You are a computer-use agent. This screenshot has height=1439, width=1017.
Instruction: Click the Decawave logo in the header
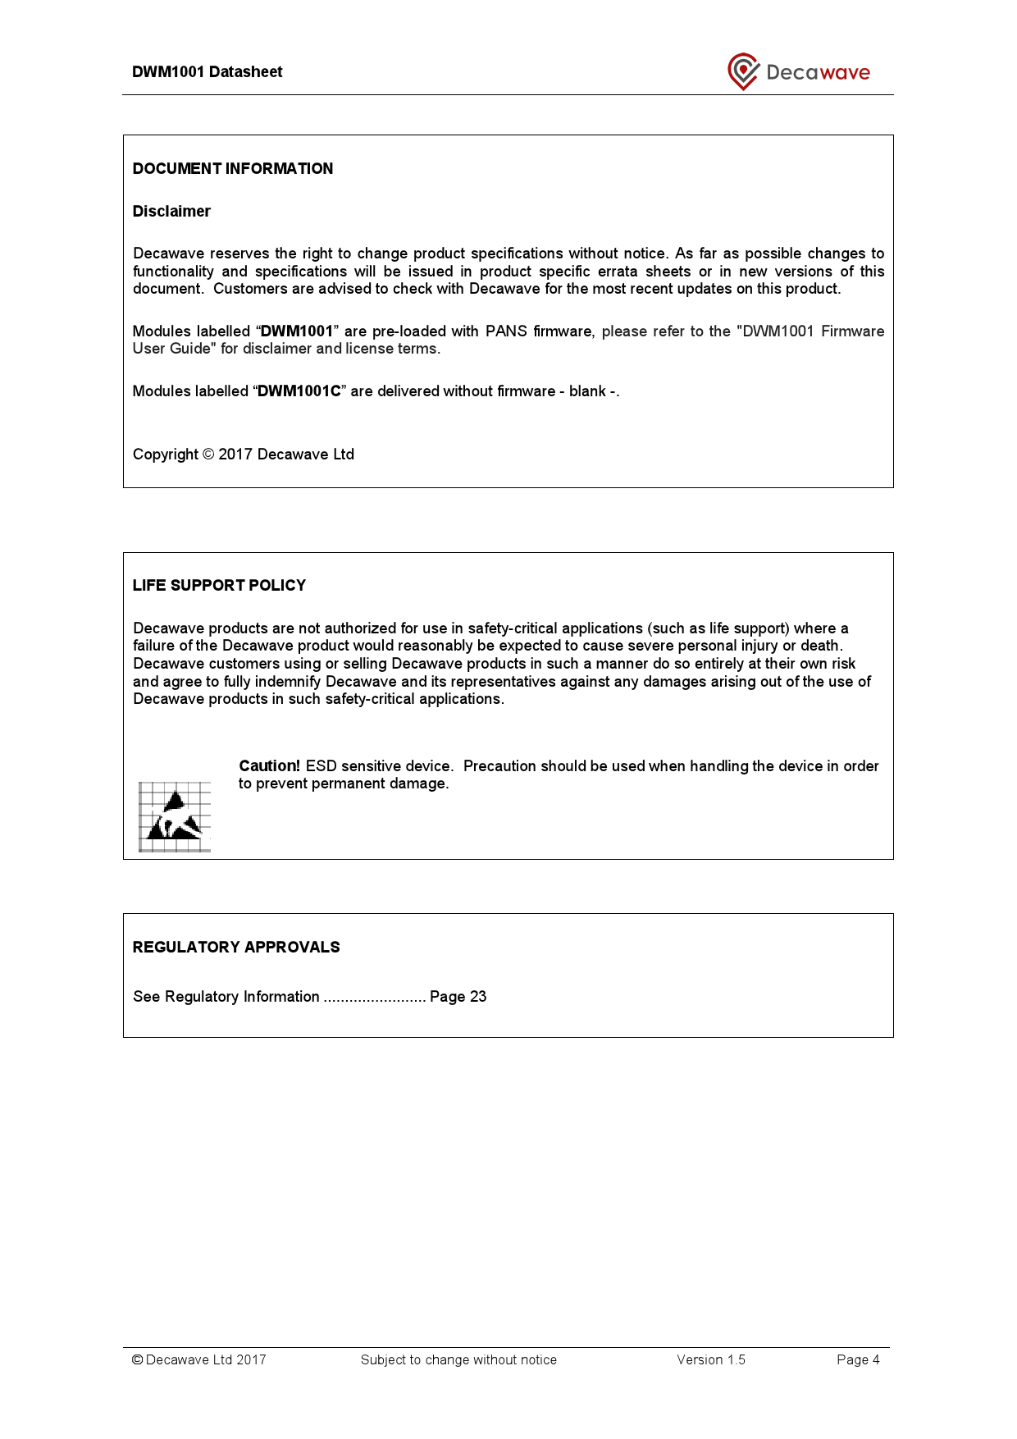pyautogui.click(x=798, y=72)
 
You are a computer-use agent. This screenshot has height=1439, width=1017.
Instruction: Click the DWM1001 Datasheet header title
pyautogui.click(x=207, y=72)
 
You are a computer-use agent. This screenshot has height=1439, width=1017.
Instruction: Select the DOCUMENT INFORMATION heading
pyautogui.click(x=233, y=169)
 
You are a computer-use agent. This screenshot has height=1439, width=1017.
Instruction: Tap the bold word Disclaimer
pyautogui.click(x=171, y=212)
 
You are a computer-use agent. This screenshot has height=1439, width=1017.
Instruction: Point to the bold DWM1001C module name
pyautogui.click(x=299, y=391)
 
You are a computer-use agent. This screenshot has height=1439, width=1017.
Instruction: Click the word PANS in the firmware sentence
pyautogui.click(x=505, y=331)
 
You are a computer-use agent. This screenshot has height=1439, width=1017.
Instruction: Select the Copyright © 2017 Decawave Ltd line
pyautogui.click(x=244, y=455)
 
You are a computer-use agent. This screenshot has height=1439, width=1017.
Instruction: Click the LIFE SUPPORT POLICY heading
pyautogui.click(x=219, y=586)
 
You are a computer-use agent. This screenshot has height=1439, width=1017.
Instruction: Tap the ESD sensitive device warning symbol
pyautogui.click(x=175, y=816)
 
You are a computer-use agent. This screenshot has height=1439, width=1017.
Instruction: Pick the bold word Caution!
pyautogui.click(x=269, y=766)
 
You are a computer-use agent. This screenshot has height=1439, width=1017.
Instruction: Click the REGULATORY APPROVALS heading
pyautogui.click(x=236, y=948)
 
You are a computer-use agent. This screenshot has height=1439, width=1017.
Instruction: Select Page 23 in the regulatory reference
pyautogui.click(x=458, y=997)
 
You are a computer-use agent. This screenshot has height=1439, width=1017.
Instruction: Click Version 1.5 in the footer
pyautogui.click(x=710, y=1360)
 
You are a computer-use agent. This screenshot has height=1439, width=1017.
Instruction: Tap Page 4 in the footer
pyautogui.click(x=858, y=1360)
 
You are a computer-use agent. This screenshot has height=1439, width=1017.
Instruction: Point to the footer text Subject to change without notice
pyautogui.click(x=458, y=1360)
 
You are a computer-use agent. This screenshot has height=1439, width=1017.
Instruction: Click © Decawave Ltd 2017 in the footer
pyautogui.click(x=199, y=1360)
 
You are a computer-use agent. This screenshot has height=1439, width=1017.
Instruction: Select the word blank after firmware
pyautogui.click(x=587, y=391)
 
